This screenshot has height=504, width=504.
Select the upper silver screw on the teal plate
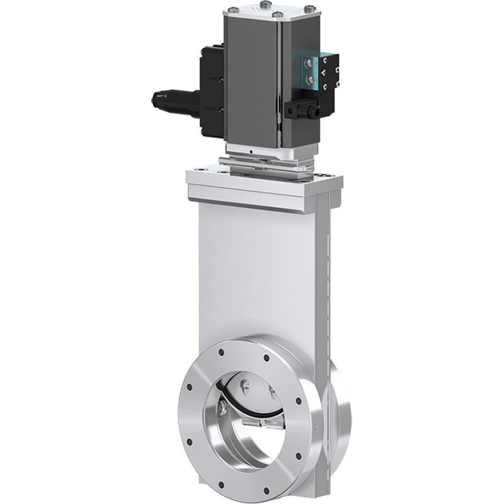click(x=309, y=64)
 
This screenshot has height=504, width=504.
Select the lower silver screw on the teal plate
click(x=309, y=79)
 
